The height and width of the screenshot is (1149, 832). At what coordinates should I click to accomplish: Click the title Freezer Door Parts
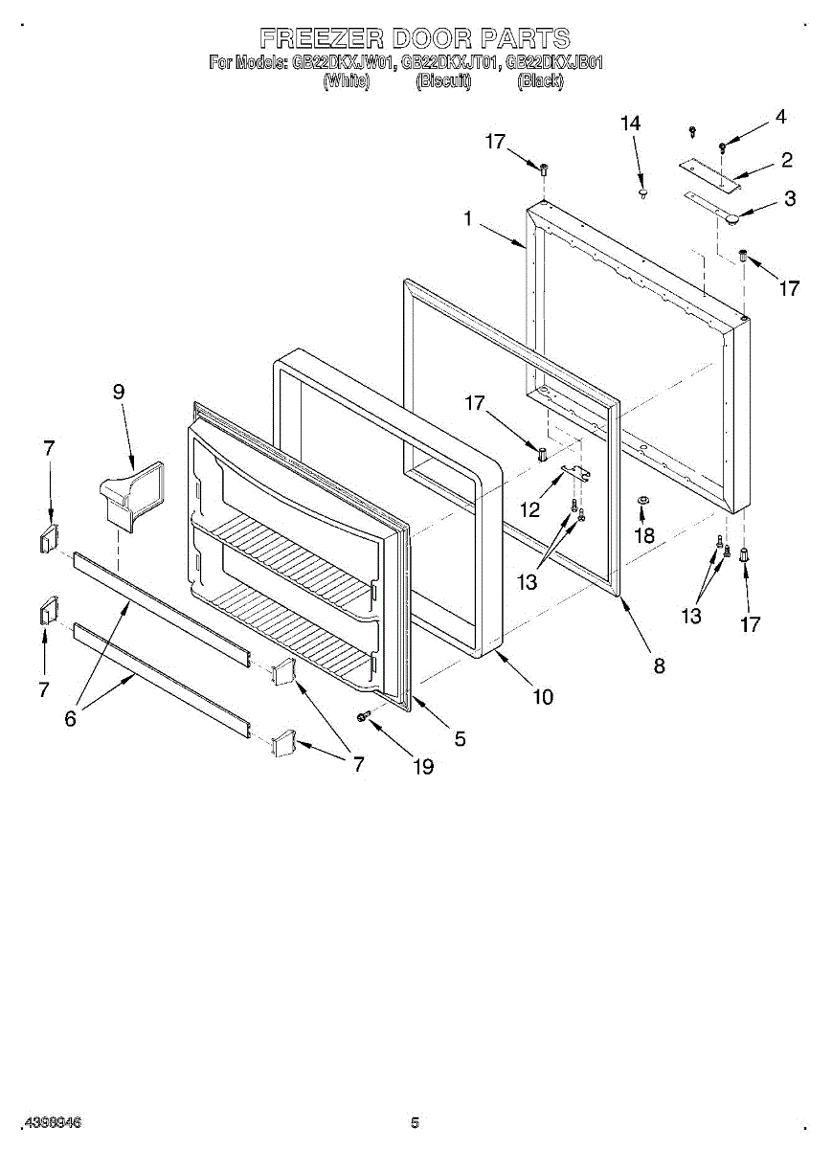point(416,38)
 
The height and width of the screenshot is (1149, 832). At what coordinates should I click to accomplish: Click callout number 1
point(468,219)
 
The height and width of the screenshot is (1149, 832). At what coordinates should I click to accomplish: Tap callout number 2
point(786,160)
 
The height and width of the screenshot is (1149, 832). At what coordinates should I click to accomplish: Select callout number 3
point(789,199)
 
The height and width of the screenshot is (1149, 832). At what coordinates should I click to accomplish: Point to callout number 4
point(780,117)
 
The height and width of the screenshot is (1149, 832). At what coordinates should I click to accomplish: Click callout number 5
point(460,738)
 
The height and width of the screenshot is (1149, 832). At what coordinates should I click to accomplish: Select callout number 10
point(543,697)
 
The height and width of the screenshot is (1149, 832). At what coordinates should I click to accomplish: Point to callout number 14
point(630,124)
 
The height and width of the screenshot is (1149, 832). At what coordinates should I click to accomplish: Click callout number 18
point(645,535)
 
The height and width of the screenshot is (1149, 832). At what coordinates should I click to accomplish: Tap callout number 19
point(421,766)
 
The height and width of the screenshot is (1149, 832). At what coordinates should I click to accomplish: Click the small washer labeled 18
point(642,501)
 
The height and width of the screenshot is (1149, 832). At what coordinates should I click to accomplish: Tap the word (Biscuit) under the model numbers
point(443,82)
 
